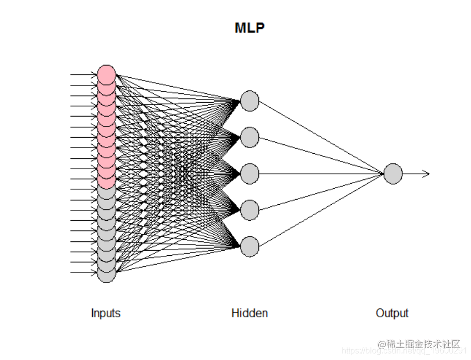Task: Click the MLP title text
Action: (x=250, y=28)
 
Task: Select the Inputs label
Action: (x=106, y=313)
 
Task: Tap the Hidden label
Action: (x=250, y=313)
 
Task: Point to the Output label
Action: (x=392, y=313)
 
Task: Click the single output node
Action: (x=393, y=174)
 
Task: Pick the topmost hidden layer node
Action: (x=250, y=101)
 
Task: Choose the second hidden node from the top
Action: (x=250, y=137)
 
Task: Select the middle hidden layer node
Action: (x=250, y=174)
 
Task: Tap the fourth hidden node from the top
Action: (x=250, y=210)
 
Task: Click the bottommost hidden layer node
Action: (x=250, y=247)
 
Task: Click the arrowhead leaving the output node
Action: (x=426, y=174)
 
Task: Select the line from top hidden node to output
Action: (x=320, y=137)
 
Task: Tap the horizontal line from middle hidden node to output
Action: (x=320, y=174)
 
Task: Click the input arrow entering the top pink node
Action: (x=83, y=75)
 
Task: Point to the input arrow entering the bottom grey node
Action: (x=83, y=273)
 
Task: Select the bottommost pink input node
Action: (x=106, y=182)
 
